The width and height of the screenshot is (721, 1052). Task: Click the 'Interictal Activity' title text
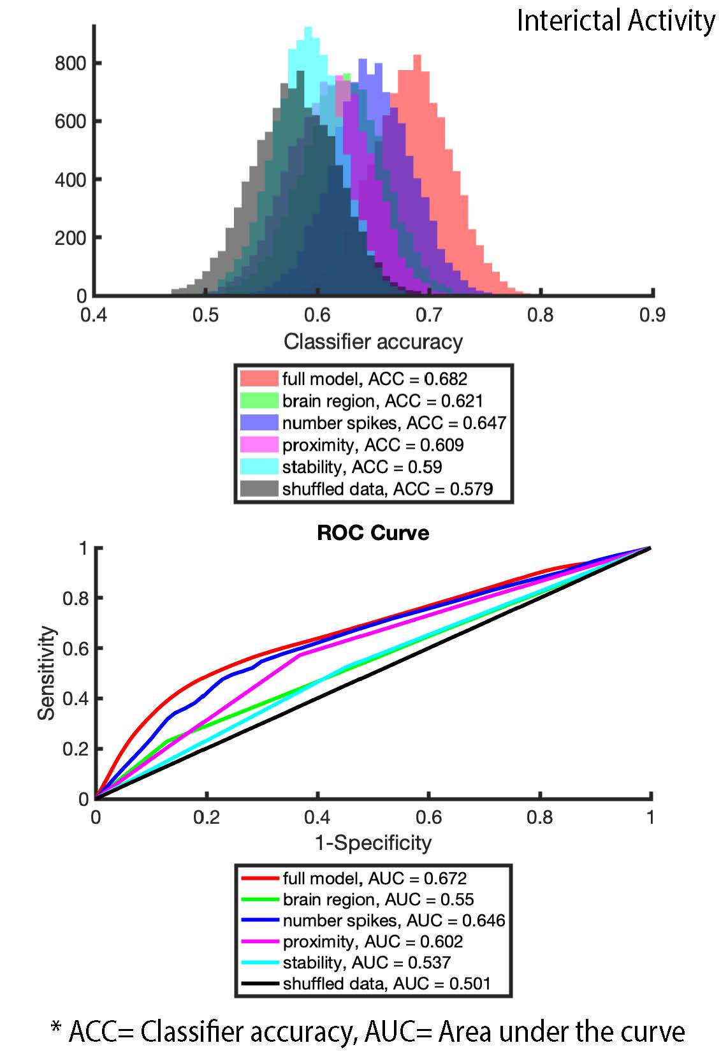pos(615,20)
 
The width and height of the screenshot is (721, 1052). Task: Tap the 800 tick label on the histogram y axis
pos(70,63)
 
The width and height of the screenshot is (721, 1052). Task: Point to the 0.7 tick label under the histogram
pos(428,315)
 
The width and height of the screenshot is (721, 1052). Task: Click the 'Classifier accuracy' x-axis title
pos(373,342)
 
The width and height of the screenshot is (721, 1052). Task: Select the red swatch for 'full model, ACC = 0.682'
pos(259,379)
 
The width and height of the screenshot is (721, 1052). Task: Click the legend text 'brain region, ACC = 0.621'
pos(382,401)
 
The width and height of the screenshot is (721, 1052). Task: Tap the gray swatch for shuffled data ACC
pos(259,489)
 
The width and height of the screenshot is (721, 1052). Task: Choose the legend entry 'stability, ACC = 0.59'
pos(362,467)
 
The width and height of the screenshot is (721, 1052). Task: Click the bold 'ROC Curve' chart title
pos(373,532)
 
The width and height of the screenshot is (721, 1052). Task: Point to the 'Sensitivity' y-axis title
pos(47,673)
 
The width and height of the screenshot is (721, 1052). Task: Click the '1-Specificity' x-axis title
pos(373,843)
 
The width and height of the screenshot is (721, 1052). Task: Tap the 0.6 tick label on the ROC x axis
pos(428,817)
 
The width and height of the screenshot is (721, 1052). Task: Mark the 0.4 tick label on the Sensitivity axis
pos(74,699)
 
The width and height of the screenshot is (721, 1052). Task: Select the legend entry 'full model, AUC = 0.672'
pos(374,879)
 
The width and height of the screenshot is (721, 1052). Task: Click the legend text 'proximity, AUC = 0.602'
pos(373,942)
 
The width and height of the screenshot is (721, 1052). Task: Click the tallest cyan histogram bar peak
pos(309,29)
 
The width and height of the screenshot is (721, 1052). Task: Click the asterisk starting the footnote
pos(56,1028)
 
